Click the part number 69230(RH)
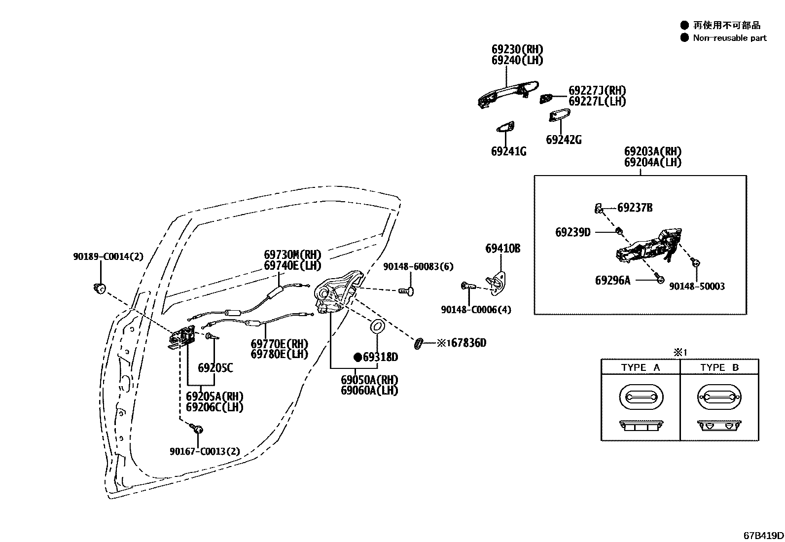(517, 49)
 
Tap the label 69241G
(508, 151)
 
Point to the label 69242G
(563, 140)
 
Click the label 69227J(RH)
(597, 90)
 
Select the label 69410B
(502, 249)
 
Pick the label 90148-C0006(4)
(476, 310)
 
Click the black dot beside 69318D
(357, 357)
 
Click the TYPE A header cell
(640, 367)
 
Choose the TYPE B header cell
(719, 367)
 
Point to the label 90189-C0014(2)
(108, 256)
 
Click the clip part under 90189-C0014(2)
(99, 288)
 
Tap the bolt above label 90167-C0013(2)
(198, 429)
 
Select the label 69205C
(215, 368)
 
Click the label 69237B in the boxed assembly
(635, 208)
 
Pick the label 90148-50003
(697, 287)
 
